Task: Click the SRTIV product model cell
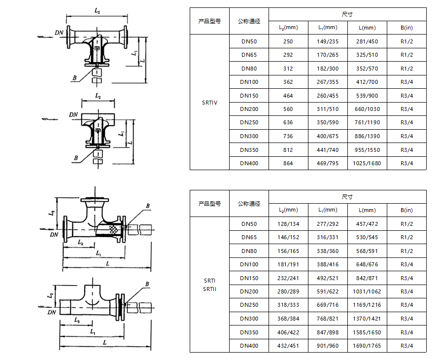(x=209, y=103)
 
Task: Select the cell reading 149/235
(x=328, y=41)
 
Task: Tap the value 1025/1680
(x=367, y=163)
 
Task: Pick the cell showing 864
(x=288, y=163)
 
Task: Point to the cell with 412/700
(x=367, y=82)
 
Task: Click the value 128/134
(x=288, y=224)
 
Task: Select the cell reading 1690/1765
(x=367, y=346)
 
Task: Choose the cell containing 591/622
(x=328, y=291)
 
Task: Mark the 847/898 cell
(x=328, y=332)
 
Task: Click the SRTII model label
(x=209, y=289)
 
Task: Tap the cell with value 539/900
(x=367, y=96)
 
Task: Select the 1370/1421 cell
(x=367, y=319)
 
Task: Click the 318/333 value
(x=288, y=305)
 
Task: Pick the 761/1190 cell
(x=367, y=123)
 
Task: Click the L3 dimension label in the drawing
(x=77, y=321)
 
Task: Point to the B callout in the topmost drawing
(x=74, y=78)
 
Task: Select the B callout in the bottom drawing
(x=147, y=284)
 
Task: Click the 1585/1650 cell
(x=367, y=332)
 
